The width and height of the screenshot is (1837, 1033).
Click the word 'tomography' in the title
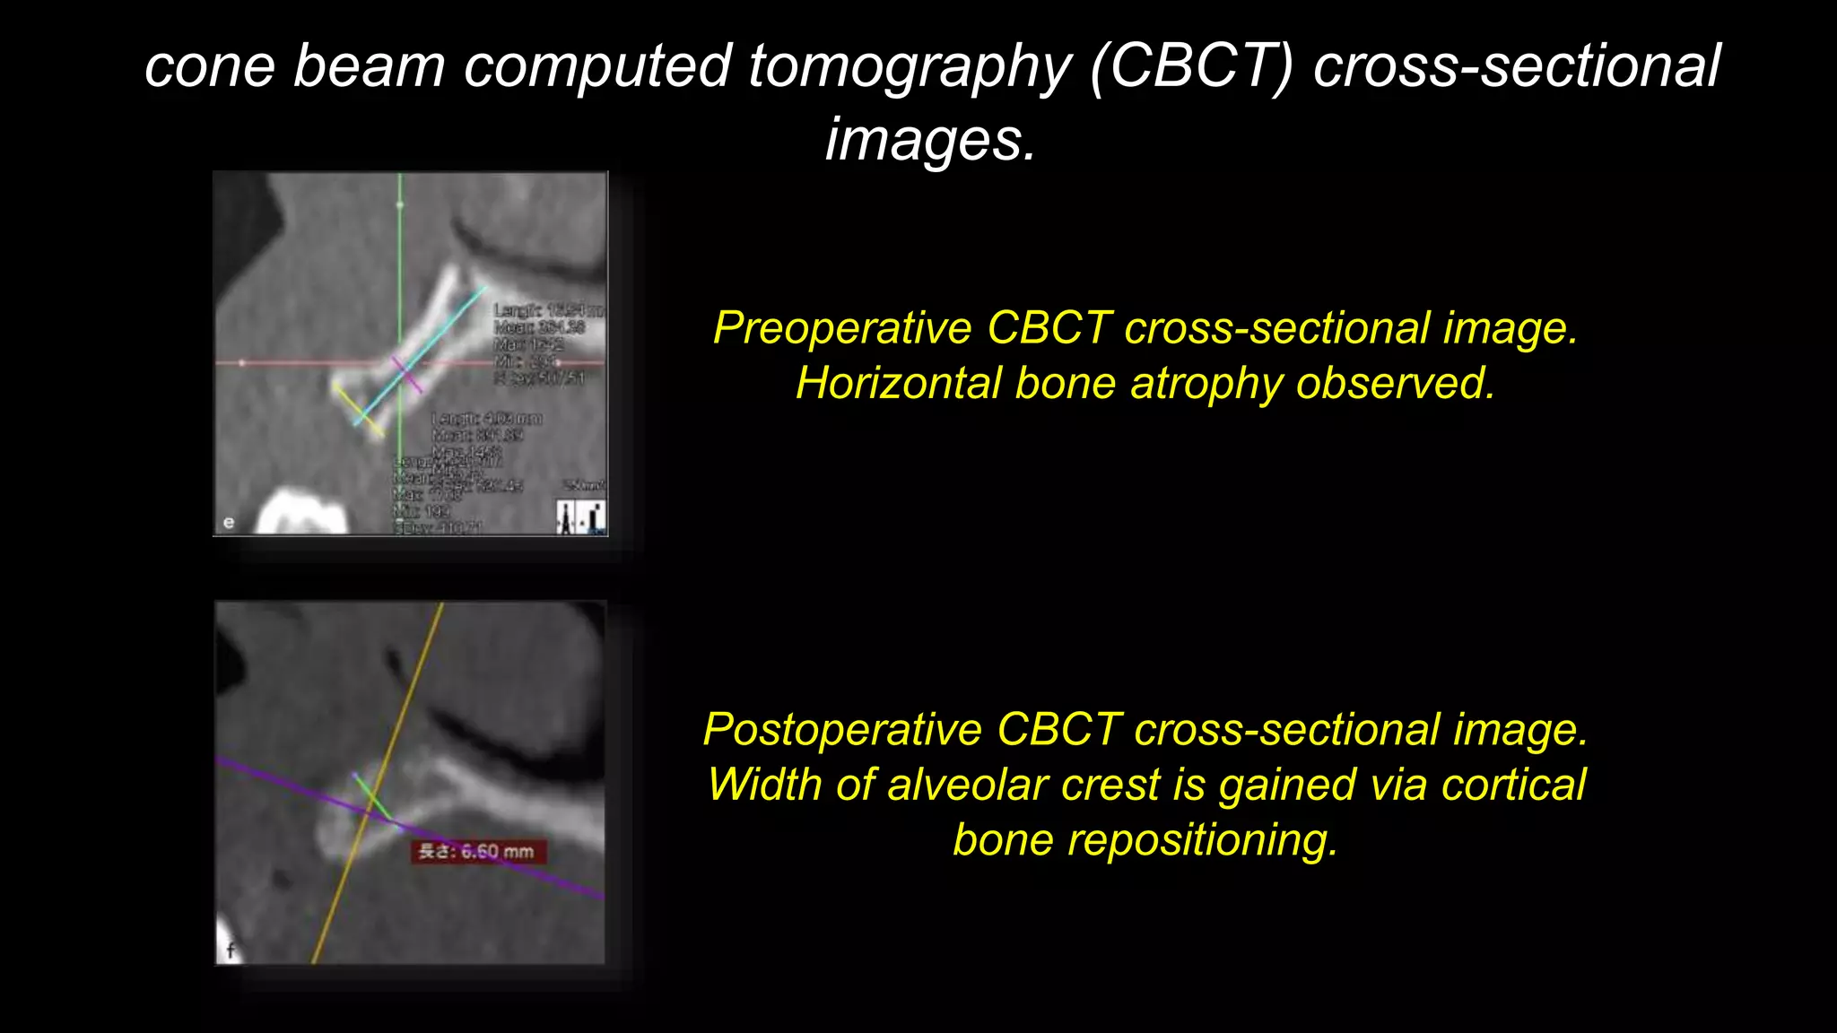coord(910,67)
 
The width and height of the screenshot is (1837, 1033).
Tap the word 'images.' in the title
coord(930,140)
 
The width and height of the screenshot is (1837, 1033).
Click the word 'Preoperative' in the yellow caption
coord(841,328)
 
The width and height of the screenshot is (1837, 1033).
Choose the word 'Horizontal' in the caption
coord(898,384)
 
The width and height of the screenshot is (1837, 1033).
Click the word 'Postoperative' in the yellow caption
coord(842,730)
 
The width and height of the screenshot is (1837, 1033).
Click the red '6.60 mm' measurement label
coord(478,852)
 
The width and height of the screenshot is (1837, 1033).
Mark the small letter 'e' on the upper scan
coord(229,523)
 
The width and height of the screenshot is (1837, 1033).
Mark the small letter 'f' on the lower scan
coord(231,951)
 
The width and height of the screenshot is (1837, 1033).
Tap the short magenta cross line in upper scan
coord(406,373)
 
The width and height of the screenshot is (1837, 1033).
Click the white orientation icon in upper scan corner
coord(580,516)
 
